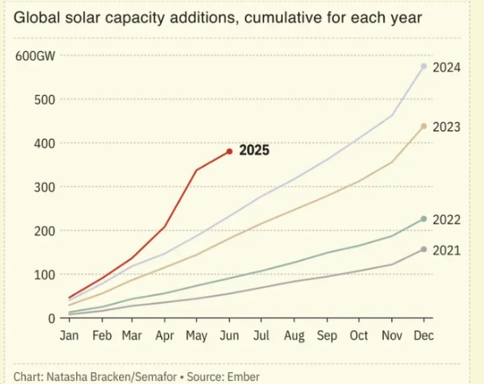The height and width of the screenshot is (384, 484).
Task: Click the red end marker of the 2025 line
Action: pyautogui.click(x=229, y=151)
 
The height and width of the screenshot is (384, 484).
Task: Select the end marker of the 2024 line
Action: pyautogui.click(x=424, y=66)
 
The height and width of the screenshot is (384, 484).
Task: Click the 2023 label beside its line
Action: pyautogui.click(x=447, y=127)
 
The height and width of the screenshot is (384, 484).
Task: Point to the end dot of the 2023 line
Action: pyautogui.click(x=424, y=126)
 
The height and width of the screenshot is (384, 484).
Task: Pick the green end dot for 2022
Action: pyautogui.click(x=424, y=219)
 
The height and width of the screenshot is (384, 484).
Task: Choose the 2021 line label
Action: pyautogui.click(x=447, y=251)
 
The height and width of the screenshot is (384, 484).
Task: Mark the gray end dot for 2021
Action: pyautogui.click(x=424, y=249)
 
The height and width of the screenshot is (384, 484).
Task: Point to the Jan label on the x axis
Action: pyautogui.click(x=70, y=336)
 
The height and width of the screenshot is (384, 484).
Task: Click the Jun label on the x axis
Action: pyautogui.click(x=229, y=336)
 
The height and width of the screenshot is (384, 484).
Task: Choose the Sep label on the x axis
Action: pyautogui.click(x=327, y=336)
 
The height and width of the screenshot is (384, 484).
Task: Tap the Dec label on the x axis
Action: pyautogui.click(x=423, y=336)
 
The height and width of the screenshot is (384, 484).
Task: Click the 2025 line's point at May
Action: pyautogui.click(x=196, y=170)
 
